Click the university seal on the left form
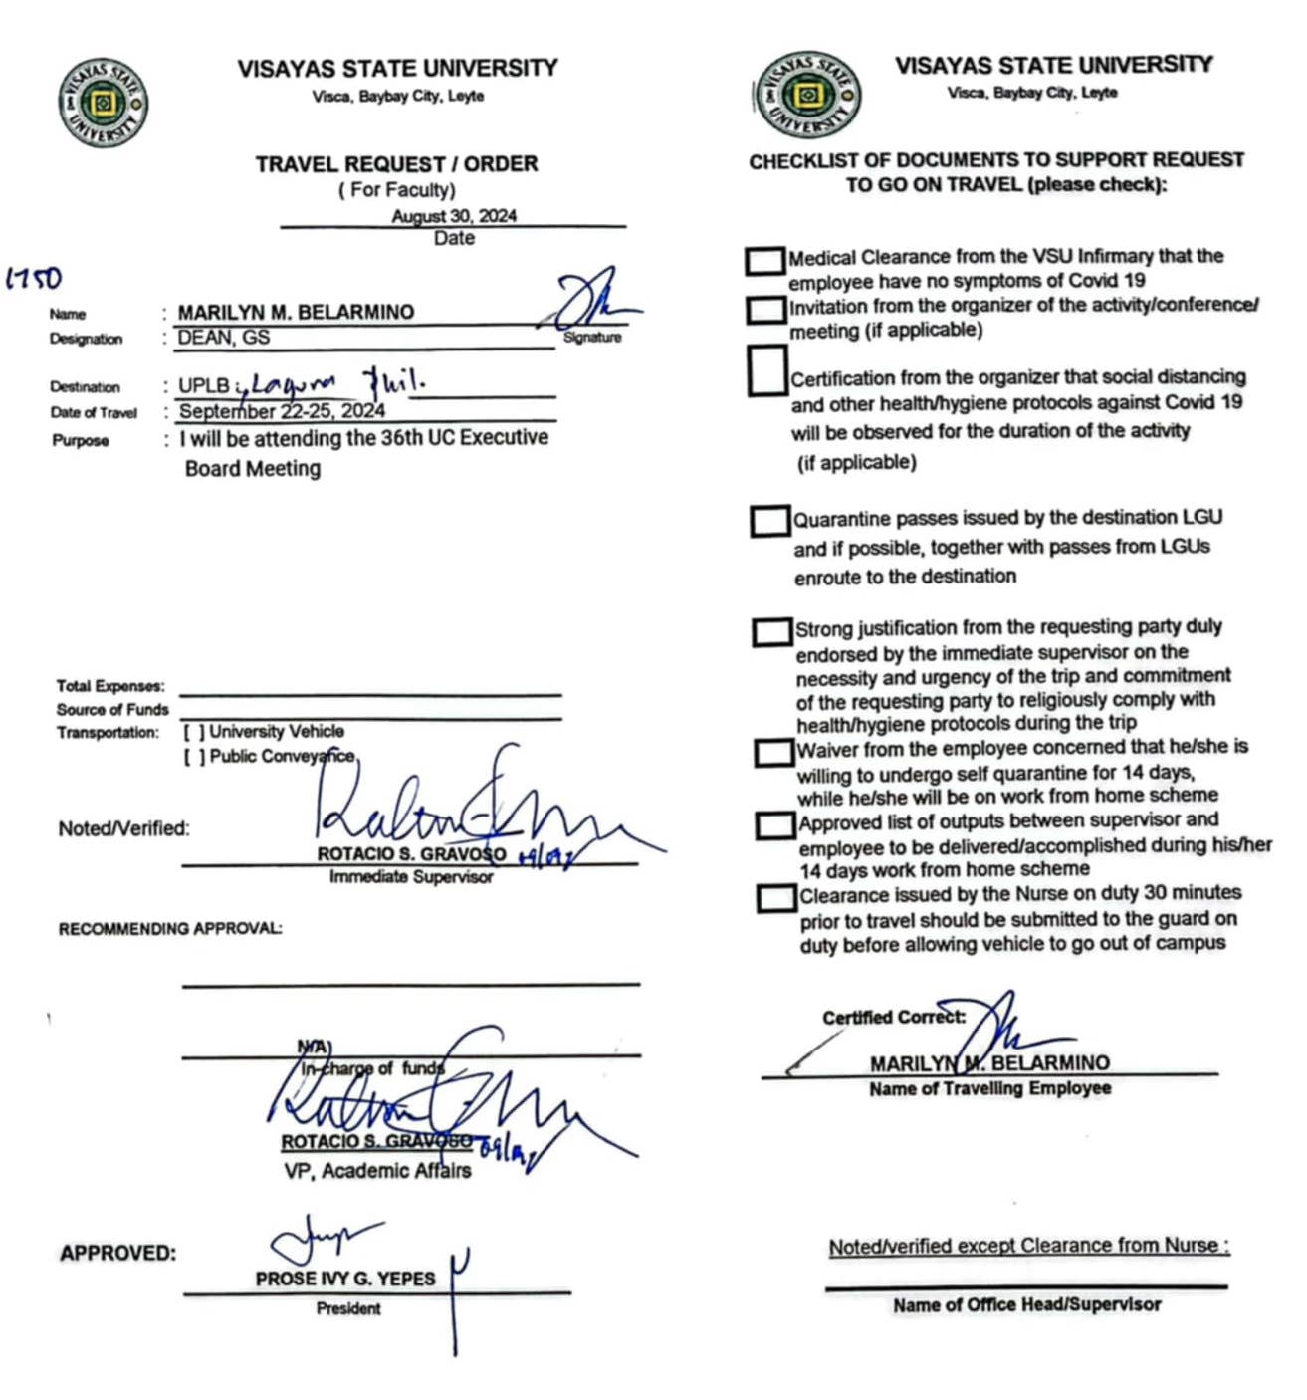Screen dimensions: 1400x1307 click(103, 103)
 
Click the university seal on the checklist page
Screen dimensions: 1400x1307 click(807, 96)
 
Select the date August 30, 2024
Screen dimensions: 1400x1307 click(454, 216)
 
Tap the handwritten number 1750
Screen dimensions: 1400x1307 click(35, 278)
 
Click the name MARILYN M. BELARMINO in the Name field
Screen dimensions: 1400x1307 click(296, 312)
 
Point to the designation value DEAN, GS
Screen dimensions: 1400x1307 click(224, 338)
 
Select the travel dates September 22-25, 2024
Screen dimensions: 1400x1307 click(282, 411)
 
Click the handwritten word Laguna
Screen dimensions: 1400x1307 click(294, 384)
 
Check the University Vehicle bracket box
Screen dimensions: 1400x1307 click(194, 732)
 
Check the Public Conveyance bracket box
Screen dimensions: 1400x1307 click(194, 757)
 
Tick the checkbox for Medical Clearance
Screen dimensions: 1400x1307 click(764, 261)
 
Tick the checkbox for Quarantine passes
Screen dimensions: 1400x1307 click(769, 521)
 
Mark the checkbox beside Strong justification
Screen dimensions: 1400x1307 click(771, 632)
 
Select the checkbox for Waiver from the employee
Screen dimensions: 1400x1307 click(773, 753)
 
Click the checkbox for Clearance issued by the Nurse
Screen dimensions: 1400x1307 click(775, 898)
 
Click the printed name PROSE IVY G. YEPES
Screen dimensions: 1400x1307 click(344, 1279)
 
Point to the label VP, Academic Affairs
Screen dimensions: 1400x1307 click(377, 1171)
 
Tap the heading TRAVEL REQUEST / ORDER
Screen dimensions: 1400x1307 click(396, 164)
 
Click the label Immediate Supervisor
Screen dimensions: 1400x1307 click(411, 877)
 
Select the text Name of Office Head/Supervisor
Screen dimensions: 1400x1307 click(1026, 1304)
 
